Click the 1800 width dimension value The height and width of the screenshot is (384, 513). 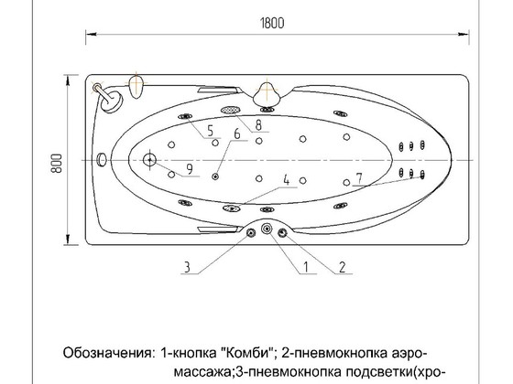point(272,23)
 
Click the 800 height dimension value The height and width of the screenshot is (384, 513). point(57,164)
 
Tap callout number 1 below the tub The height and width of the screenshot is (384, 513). point(306,267)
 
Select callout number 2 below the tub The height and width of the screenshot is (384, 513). point(343,267)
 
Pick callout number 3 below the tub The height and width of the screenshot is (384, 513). point(187,267)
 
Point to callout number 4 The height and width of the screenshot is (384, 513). point(287,180)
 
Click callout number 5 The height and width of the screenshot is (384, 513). point(211,131)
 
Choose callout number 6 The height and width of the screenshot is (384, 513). point(237,133)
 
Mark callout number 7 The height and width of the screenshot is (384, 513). point(359,178)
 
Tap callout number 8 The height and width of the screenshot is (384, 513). point(258,124)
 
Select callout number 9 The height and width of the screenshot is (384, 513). point(190,169)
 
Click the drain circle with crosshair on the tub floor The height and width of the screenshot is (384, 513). point(149,160)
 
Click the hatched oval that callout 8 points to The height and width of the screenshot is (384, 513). point(230,110)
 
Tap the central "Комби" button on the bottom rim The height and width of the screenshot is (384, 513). point(267,229)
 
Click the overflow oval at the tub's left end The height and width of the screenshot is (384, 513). point(102,160)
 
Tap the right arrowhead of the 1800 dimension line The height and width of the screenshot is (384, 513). point(464,34)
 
